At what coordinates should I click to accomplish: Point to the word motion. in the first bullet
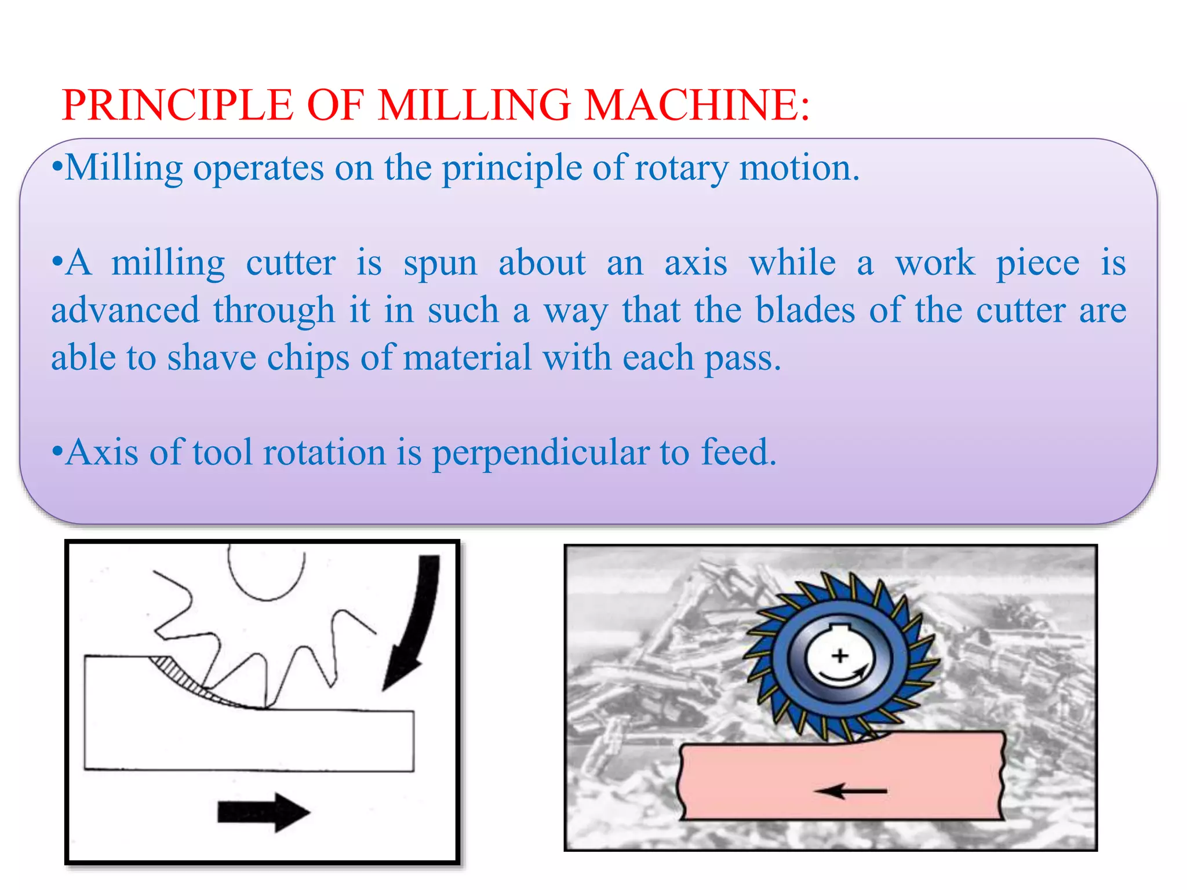800,169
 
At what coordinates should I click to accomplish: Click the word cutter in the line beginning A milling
290,264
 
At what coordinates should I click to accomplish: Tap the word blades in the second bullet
805,311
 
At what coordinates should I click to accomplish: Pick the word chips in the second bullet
308,358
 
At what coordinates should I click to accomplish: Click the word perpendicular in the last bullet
540,454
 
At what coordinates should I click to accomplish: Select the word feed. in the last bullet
738,453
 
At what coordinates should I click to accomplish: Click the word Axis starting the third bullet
102,453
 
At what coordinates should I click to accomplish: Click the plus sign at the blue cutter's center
840,656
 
